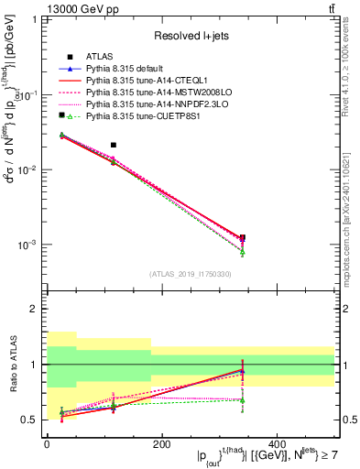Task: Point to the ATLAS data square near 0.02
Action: (x=114, y=145)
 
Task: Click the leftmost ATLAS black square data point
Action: (x=62, y=115)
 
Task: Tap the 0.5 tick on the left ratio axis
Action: (x=33, y=420)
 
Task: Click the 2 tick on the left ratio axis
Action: (x=37, y=309)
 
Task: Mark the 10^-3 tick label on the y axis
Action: (x=30, y=245)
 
